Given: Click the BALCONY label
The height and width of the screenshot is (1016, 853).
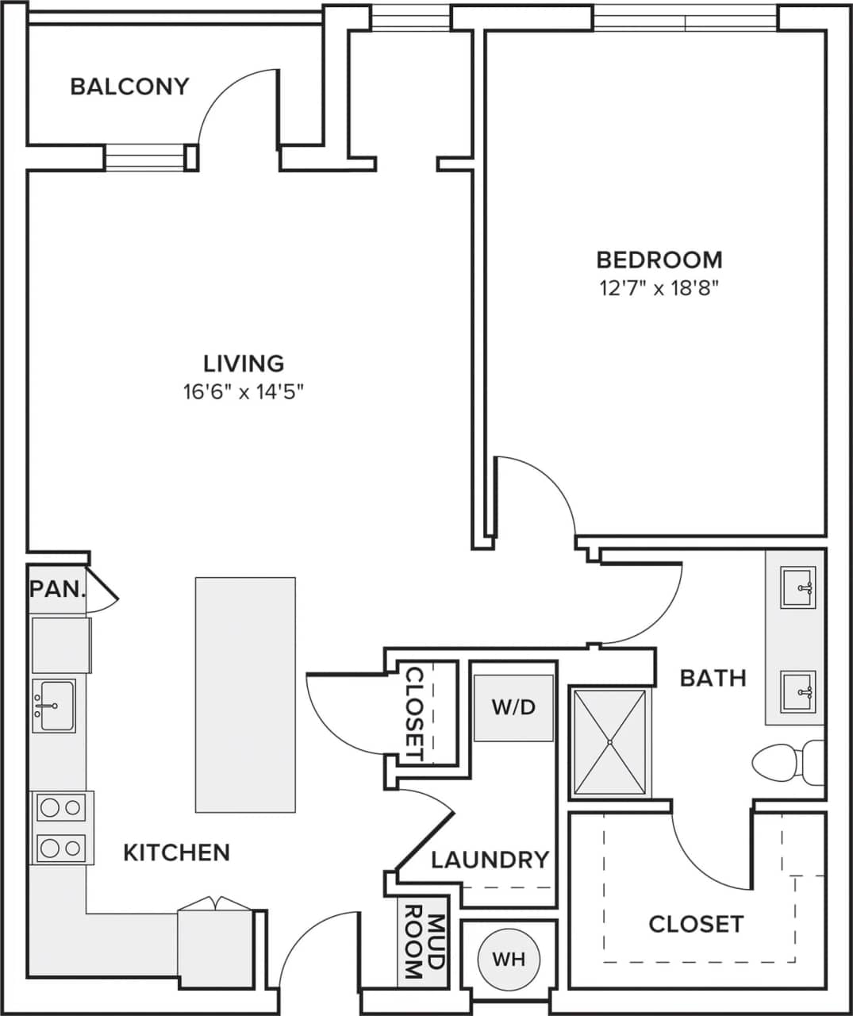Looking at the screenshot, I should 129,86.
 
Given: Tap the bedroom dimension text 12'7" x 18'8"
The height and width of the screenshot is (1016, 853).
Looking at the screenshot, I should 659,287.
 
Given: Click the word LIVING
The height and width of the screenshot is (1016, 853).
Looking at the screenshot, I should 244,364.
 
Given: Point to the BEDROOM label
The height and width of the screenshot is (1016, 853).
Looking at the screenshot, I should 659,260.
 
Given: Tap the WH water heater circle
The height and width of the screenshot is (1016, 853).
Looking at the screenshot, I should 509,959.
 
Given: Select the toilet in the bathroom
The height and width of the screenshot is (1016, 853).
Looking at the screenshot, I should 786,762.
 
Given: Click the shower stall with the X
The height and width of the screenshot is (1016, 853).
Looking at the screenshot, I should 609,742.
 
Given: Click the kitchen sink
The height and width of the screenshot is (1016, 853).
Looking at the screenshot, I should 54,705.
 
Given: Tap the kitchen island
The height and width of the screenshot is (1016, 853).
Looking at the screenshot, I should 245,695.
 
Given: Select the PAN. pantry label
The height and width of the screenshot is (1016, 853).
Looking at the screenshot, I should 57,589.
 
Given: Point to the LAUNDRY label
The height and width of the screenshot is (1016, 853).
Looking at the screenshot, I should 490,860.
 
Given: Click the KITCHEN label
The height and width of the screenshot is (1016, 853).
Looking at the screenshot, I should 176,852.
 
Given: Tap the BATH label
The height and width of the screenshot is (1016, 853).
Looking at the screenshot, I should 713,678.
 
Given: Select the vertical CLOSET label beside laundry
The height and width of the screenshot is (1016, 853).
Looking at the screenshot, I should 414,713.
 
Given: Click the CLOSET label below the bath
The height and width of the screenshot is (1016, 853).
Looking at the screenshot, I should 696,924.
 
